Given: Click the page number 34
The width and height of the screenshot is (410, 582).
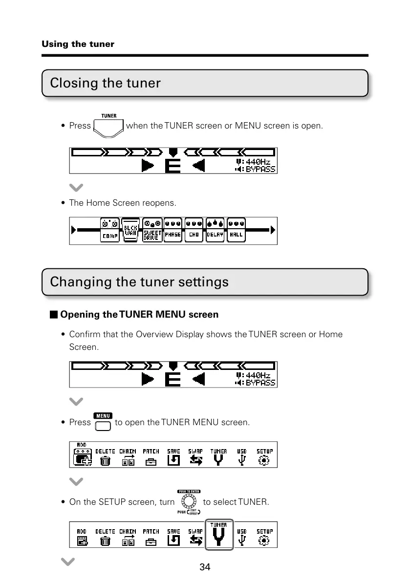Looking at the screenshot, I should (205, 567).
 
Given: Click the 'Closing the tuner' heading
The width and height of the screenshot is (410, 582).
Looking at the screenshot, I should (105, 83).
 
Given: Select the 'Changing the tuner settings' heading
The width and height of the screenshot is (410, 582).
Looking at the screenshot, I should (139, 282).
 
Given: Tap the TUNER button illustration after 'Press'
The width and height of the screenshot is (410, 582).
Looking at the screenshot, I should (108, 127).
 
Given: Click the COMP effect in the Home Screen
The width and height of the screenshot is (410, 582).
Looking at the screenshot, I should (110, 230).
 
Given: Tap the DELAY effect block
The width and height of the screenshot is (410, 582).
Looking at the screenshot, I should (215, 230).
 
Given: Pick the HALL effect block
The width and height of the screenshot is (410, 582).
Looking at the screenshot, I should (237, 230).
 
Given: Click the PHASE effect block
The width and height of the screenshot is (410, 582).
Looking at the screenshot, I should (173, 230).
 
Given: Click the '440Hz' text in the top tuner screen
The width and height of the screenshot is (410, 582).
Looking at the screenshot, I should (257, 161).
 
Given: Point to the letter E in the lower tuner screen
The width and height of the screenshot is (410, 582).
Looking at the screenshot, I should (172, 379).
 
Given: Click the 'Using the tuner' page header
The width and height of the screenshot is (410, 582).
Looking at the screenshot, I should (78, 44).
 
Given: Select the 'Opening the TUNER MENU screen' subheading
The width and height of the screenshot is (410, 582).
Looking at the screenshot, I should (139, 315).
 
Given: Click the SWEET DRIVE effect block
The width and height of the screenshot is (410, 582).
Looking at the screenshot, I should (152, 230).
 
